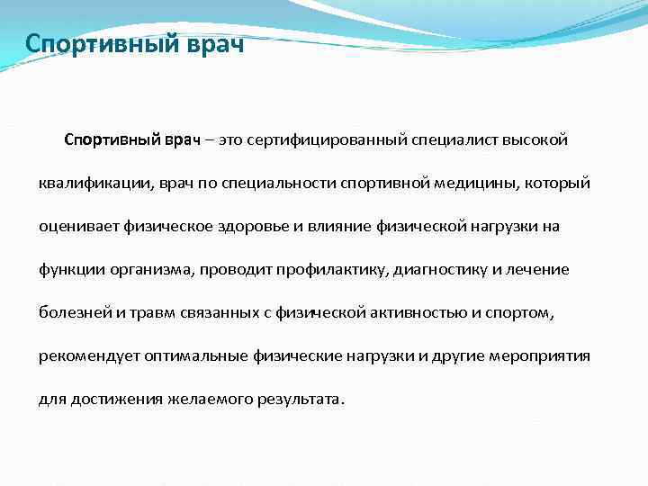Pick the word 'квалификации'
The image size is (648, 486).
pos(84,184)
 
